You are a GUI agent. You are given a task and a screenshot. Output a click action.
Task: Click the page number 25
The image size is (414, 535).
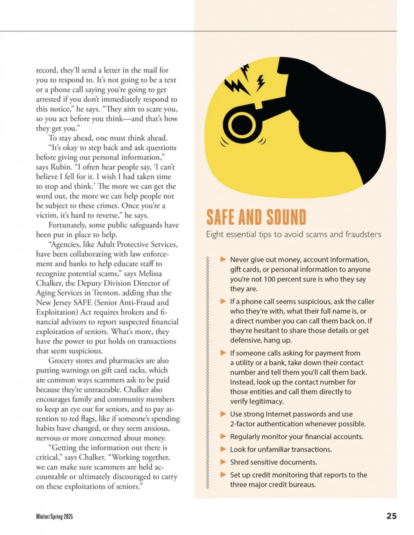(x=391, y=516)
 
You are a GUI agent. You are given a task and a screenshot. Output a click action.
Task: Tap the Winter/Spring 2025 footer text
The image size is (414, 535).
(x=54, y=516)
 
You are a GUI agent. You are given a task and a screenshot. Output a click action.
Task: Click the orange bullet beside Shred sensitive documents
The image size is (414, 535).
(x=223, y=462)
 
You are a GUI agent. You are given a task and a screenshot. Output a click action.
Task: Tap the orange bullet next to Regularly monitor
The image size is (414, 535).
(x=223, y=436)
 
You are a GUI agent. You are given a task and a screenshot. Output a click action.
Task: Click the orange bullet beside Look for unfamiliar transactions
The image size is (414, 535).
(x=223, y=449)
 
